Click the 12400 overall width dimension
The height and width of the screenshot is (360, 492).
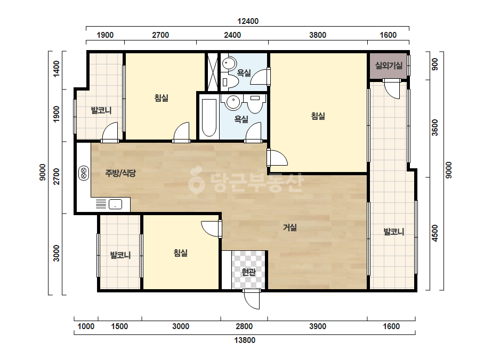coord(248,21)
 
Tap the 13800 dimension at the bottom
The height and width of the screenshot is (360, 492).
coord(245,340)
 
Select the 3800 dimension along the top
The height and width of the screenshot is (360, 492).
coord(318,35)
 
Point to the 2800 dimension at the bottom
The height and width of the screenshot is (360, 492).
coord(244,326)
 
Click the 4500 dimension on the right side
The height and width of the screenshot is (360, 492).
coord(434,233)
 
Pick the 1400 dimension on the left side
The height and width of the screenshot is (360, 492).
coord(56,69)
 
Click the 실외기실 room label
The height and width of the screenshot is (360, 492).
coord(389,66)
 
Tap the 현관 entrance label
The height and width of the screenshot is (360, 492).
coord(248,272)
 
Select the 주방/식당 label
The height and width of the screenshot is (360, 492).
coord(120,173)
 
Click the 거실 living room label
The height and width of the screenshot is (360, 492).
coord(290,227)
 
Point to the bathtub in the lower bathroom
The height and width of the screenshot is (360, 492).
coord(208,118)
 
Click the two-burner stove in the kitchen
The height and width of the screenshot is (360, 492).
coord(84,173)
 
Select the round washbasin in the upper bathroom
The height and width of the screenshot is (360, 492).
coord(229,64)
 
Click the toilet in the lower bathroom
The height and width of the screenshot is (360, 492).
coord(255,103)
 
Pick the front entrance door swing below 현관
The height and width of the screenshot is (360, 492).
coord(252,299)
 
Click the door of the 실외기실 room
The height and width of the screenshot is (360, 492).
coord(391,89)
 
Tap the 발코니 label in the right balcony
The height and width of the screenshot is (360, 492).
coord(394,232)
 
